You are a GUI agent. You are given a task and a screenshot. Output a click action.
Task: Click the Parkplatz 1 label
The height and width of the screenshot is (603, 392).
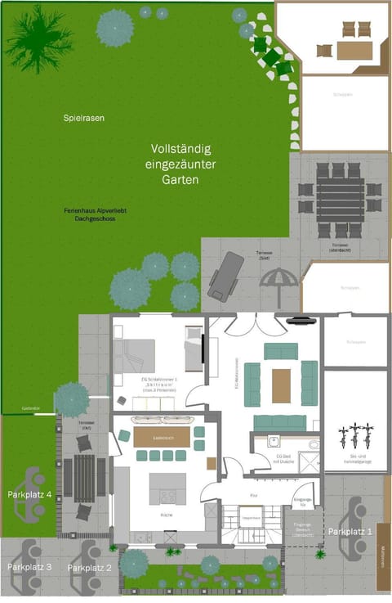click(x=350, y=532)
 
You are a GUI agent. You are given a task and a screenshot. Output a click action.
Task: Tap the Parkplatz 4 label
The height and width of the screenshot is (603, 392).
click(x=30, y=495)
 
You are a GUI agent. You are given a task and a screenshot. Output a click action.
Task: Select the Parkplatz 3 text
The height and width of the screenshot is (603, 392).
click(x=30, y=567)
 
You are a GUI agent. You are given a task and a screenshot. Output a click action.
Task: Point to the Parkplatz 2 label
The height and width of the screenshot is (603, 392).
click(x=90, y=567)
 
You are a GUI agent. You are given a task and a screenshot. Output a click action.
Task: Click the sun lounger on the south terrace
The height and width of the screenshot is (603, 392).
click(x=225, y=277)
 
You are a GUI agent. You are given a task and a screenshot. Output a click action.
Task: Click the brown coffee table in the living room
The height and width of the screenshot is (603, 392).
click(x=281, y=385)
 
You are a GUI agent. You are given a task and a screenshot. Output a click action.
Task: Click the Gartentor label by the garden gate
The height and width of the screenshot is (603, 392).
click(x=31, y=407)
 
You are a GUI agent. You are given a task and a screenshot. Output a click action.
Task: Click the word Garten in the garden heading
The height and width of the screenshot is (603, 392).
click(x=180, y=179)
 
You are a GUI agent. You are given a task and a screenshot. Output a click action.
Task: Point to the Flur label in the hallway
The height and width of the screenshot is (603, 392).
click(x=253, y=495)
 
